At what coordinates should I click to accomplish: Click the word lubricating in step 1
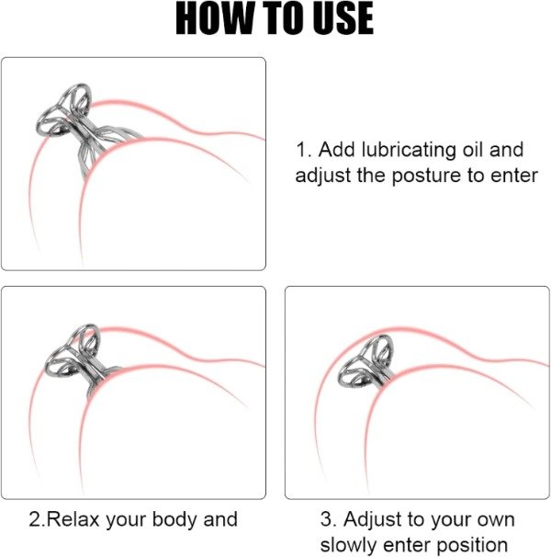tap(409, 150)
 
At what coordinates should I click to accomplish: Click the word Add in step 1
tap(336, 150)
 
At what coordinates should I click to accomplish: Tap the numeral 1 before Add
tap(302, 150)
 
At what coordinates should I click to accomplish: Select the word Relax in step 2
tap(73, 519)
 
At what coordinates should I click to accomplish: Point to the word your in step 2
tap(126, 521)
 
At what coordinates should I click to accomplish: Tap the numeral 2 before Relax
tap(37, 519)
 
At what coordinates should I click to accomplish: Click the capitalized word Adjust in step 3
tap(373, 520)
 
